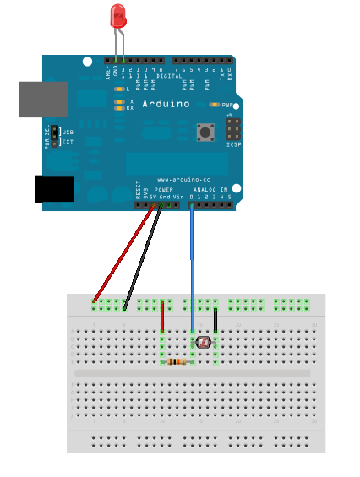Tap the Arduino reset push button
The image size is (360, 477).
click(204, 132)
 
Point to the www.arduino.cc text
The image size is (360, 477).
click(178, 180)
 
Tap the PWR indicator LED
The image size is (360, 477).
click(215, 105)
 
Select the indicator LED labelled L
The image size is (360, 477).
click(118, 89)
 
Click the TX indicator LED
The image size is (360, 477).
click(118, 101)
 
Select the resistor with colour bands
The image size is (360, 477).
click(177, 362)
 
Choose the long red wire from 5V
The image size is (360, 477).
click(124, 253)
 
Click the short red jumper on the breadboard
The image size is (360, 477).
click(162, 317)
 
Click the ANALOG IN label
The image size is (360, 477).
click(210, 191)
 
